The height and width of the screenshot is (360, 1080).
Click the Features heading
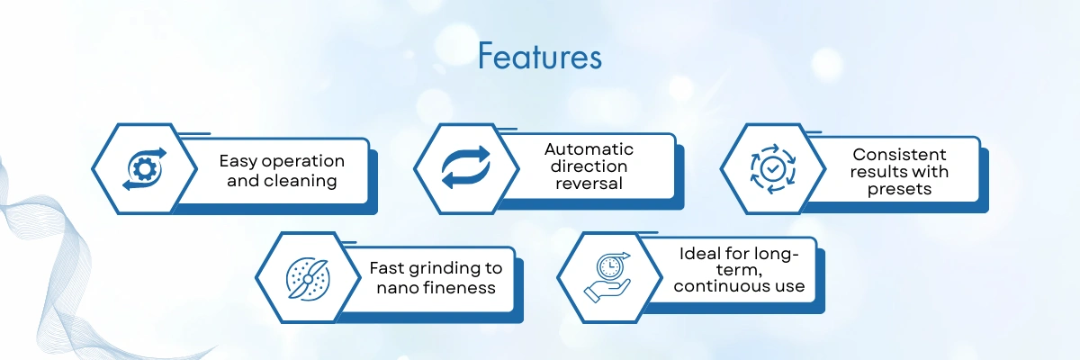(540, 57)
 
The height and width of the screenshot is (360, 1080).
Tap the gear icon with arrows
(144, 168)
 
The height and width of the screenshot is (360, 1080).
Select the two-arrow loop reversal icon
(466, 167)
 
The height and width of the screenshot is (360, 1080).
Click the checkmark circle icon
(773, 168)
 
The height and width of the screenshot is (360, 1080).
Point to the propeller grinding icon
(308, 279)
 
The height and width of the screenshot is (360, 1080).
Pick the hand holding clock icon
(607, 277)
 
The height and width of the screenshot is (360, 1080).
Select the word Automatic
(589, 149)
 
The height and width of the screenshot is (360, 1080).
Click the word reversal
(589, 184)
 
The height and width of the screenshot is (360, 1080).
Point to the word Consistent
(899, 155)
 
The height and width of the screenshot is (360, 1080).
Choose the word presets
(899, 189)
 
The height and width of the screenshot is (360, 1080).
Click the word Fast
(387, 268)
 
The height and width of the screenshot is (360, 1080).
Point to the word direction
(589, 166)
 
